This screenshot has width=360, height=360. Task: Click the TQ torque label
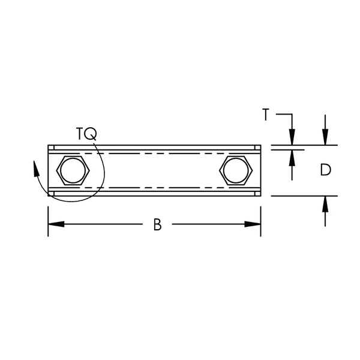(x=86, y=133)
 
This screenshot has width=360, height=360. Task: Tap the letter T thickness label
(x=265, y=113)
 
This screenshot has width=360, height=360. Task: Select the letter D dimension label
(x=325, y=170)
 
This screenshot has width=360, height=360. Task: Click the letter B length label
(x=157, y=224)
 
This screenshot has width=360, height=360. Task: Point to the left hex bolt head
(x=73, y=170)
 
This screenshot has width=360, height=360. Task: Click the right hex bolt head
(x=235, y=170)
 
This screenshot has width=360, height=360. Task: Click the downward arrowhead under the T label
(x=292, y=137)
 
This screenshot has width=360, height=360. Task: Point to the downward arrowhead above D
(x=325, y=137)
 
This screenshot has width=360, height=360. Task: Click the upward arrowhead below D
(x=325, y=204)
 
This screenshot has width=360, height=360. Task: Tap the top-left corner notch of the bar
(x=51, y=148)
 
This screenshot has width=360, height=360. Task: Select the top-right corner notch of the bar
(x=257, y=148)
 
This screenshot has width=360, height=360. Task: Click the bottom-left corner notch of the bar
(x=51, y=193)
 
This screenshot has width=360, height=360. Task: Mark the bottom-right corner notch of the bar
(x=257, y=193)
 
